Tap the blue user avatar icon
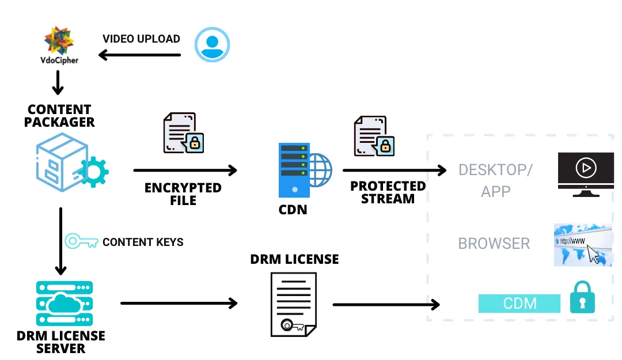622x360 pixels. (x=212, y=45)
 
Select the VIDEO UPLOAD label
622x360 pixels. (x=141, y=39)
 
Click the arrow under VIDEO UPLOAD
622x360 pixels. (x=140, y=55)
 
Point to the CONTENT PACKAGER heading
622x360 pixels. (x=60, y=116)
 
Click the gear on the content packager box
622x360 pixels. (x=93, y=170)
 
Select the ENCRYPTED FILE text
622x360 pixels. (x=183, y=194)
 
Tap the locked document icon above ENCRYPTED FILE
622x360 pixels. (x=184, y=133)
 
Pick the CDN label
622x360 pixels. (x=293, y=210)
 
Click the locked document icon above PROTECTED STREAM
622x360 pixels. (x=374, y=136)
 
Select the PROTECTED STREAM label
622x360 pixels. (x=388, y=192)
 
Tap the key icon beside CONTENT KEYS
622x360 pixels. (x=81, y=241)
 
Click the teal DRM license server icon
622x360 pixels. (x=60, y=304)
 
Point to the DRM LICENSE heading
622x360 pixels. (x=294, y=259)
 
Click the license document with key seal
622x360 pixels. (x=293, y=304)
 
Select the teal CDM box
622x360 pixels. (x=519, y=304)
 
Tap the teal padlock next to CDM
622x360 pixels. (x=582, y=298)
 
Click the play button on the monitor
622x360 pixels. (x=586, y=168)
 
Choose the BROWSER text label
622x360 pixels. (x=494, y=244)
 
